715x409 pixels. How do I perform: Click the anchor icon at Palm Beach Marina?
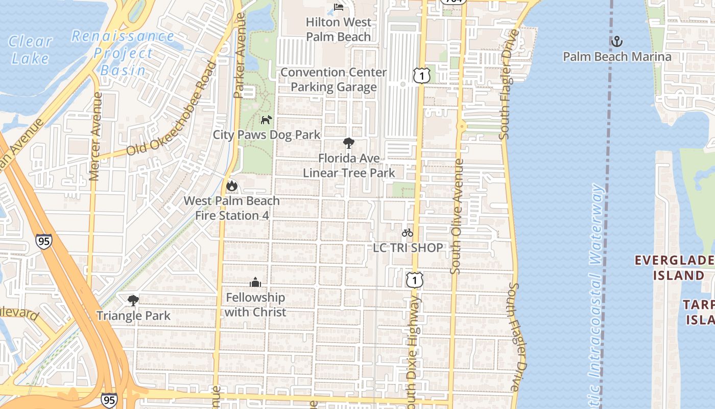(x=617, y=41)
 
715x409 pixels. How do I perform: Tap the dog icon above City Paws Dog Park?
(x=266, y=120)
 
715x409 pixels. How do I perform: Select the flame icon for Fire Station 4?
(x=232, y=186)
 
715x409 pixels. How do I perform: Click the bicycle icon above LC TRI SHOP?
(x=407, y=233)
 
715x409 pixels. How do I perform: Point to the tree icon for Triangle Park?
(x=133, y=300)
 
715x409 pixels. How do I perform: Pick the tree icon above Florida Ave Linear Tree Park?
(x=349, y=143)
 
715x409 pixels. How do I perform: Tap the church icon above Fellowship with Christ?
(x=255, y=282)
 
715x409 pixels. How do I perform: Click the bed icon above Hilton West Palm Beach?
(x=338, y=7)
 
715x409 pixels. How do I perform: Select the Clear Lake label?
(x=31, y=49)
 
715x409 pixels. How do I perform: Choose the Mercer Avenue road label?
(x=95, y=136)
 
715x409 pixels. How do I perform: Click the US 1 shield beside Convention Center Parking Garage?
(x=422, y=76)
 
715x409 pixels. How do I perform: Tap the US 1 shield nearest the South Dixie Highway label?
(x=415, y=280)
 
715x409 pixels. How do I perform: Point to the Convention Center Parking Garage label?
(x=333, y=79)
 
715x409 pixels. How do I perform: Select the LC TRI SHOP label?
(x=408, y=248)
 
